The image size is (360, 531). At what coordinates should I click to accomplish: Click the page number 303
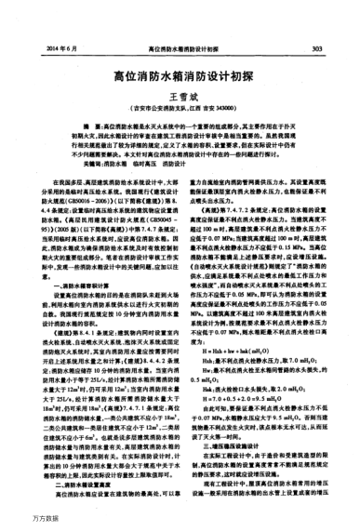point(317,46)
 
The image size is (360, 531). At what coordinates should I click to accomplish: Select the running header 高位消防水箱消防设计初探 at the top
point(193,46)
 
